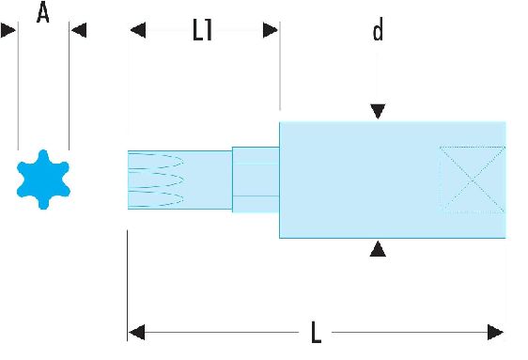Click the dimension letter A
pos(43,12)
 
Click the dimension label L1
pos(202,30)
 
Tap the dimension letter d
pos(378,29)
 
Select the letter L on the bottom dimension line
pos(316,332)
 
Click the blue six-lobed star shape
pos(43,180)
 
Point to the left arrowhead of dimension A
pos(8,30)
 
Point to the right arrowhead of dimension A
pos(79,30)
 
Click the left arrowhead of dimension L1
pos(138,30)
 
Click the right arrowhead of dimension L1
pos(271,30)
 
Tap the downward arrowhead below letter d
pos(378,111)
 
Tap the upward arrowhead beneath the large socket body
pos(378,248)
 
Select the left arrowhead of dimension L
pos(137,333)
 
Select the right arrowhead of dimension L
pos(496,333)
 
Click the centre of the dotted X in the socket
pos(473,180)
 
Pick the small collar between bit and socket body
pos(256,180)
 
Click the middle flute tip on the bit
pos(183,180)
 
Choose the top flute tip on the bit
pos(183,161)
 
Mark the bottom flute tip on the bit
pos(183,198)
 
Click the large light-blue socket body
pos(393,180)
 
